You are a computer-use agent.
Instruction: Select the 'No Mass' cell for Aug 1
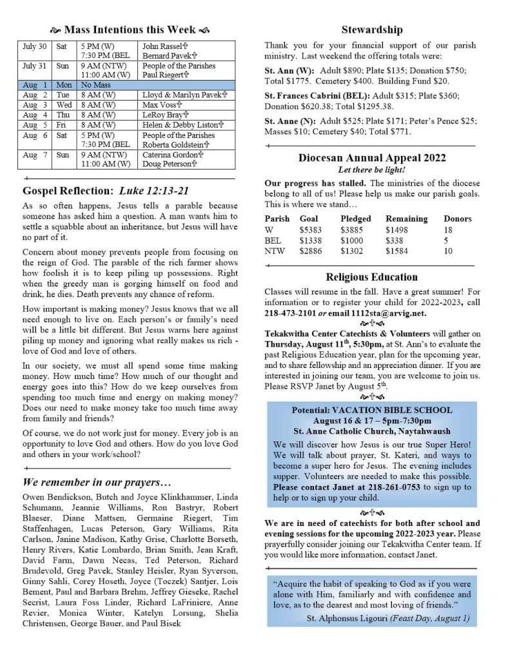pos(94,84)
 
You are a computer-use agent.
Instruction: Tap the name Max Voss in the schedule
pos(159,104)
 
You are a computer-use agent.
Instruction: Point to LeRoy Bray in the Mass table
pos(162,114)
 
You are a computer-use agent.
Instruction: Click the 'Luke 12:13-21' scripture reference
pos(155,191)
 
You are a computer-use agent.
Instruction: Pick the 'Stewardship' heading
pos(371,30)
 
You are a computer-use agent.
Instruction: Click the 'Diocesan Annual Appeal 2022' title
pos(372,158)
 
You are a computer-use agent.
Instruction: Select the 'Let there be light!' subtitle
pos(371,170)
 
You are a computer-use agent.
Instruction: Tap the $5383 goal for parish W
pos(311,229)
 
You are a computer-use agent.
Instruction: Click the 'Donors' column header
pos(457,218)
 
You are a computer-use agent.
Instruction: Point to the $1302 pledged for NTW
pos(351,251)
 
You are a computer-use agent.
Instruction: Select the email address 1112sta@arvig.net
pos(377,313)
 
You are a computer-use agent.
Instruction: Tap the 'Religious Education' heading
pos(371,277)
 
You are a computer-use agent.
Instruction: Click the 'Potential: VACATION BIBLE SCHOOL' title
pos(372,410)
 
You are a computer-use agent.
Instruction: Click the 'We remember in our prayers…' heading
pos(97,483)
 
